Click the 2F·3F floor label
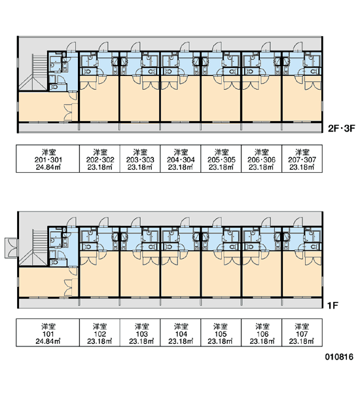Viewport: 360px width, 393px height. point(342,128)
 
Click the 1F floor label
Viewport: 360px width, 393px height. point(333,305)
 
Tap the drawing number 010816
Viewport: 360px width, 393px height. point(339,357)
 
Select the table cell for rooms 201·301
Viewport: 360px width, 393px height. point(48,159)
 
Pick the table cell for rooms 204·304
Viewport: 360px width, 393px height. point(181,159)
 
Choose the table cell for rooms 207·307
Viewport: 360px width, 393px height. point(302,159)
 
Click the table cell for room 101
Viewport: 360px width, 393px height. point(48,333)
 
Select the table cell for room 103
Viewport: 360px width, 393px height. point(140,333)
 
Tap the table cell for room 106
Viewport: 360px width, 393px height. point(262,333)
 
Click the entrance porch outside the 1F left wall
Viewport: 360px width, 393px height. point(11,248)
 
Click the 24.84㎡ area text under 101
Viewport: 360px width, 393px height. point(48,341)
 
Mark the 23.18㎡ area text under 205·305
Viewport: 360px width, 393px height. point(221,167)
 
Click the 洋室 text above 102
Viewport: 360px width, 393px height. point(100,327)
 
